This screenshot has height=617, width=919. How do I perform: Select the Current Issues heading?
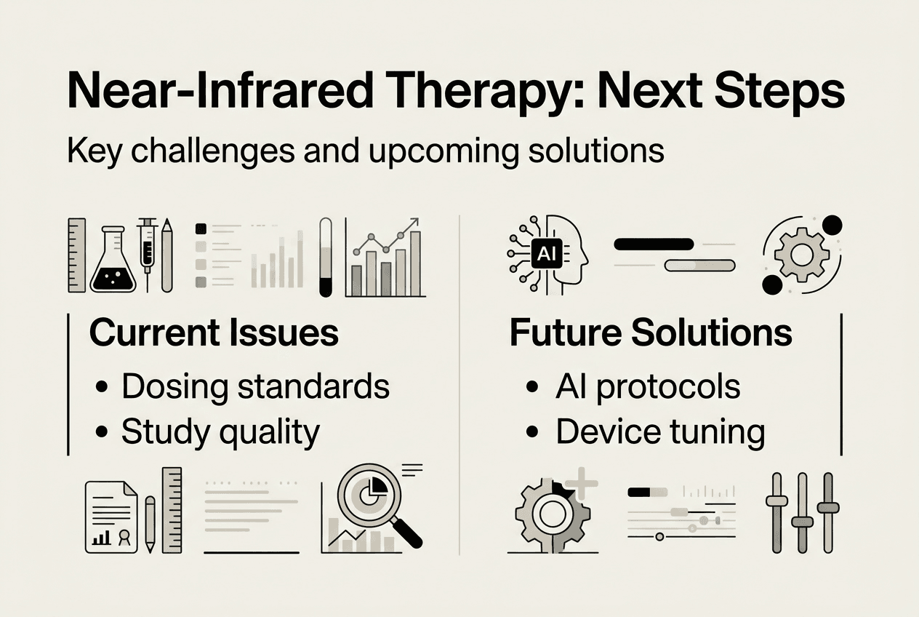(x=214, y=333)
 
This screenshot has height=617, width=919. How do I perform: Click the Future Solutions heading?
(x=651, y=333)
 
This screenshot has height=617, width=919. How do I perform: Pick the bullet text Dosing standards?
(x=255, y=387)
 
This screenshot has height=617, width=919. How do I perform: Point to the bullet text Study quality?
(x=220, y=432)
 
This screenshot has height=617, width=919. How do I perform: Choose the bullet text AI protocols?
(x=648, y=387)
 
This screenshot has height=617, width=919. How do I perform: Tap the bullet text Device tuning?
(x=660, y=432)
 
